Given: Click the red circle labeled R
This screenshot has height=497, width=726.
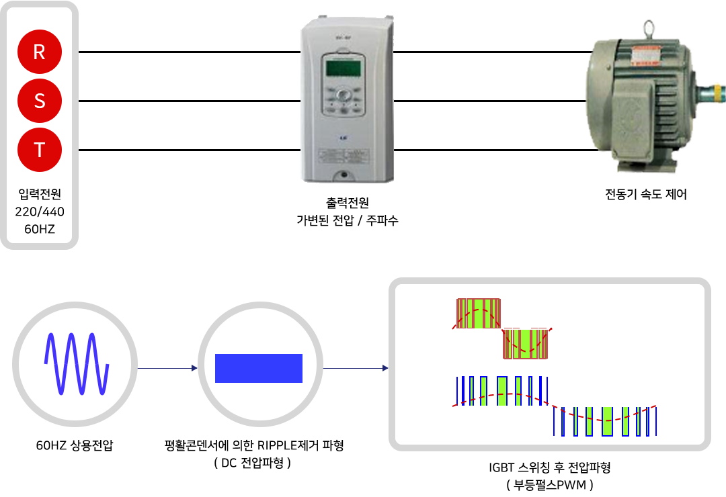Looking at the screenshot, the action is pyautogui.click(x=40, y=52).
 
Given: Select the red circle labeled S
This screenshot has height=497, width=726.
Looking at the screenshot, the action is pyautogui.click(x=40, y=101).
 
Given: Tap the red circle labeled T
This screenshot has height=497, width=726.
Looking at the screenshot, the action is pyautogui.click(x=40, y=150).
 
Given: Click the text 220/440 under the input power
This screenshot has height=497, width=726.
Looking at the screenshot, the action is pyautogui.click(x=40, y=212).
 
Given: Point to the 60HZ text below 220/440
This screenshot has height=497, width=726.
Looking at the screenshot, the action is pyautogui.click(x=40, y=229).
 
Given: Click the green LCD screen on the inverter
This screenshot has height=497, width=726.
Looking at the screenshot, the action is pyautogui.click(x=343, y=68).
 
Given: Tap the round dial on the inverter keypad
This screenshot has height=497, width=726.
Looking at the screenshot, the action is pyautogui.click(x=343, y=95).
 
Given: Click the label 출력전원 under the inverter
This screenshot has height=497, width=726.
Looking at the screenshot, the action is pyautogui.click(x=348, y=203).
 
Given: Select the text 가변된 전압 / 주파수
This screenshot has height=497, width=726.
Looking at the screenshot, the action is pyautogui.click(x=348, y=220).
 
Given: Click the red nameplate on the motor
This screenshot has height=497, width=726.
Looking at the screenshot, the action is pyautogui.click(x=645, y=55).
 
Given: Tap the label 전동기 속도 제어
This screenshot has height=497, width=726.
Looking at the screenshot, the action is pyautogui.click(x=646, y=194).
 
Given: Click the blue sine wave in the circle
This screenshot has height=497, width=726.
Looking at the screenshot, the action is pyautogui.click(x=77, y=364).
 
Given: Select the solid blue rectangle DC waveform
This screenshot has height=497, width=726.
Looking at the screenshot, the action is pyautogui.click(x=259, y=368).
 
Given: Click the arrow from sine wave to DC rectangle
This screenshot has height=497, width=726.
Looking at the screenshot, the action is pyautogui.click(x=167, y=368).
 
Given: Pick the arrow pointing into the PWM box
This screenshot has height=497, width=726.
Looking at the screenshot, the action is pyautogui.click(x=356, y=368).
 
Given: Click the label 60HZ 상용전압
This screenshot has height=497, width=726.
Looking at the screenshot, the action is pyautogui.click(x=75, y=445).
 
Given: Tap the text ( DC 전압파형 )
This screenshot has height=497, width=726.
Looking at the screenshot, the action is pyautogui.click(x=252, y=463).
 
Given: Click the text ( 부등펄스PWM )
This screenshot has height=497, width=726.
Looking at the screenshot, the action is pyautogui.click(x=550, y=485).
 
